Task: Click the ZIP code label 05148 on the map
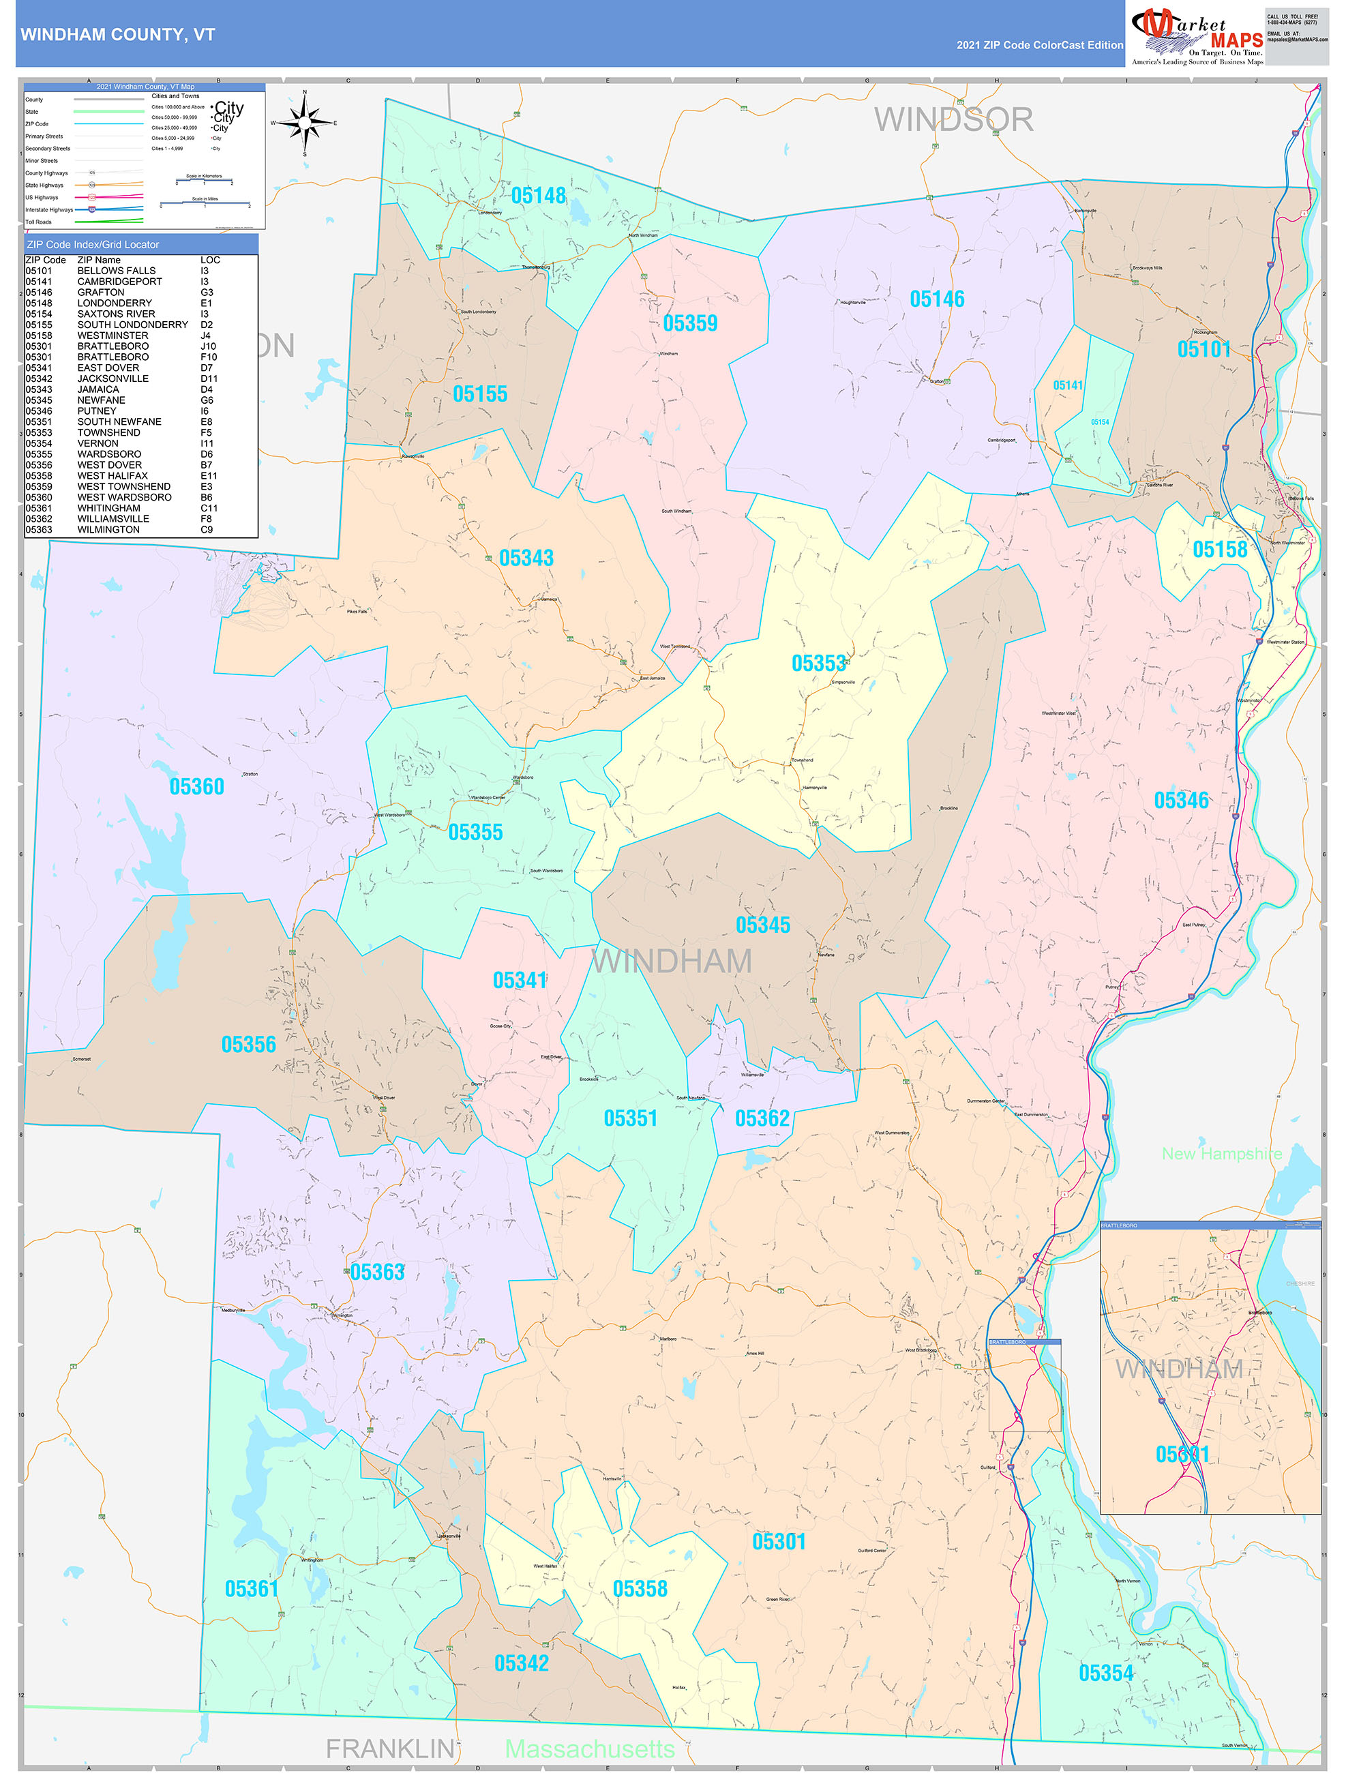pos(538,196)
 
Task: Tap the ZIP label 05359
pos(689,323)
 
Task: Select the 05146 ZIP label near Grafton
pos(936,299)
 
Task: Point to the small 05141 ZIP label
pos(1067,385)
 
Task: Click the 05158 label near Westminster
pos(1219,549)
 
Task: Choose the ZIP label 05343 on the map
pos(526,558)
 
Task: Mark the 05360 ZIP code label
pos(196,786)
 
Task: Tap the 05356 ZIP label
pos(248,1045)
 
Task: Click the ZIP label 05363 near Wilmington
pos(377,1272)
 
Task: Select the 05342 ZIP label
pos(521,1663)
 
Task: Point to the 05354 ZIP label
pos(1105,1673)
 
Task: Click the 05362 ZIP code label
pos(762,1118)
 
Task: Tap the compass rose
pos(304,123)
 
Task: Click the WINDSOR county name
pos(953,120)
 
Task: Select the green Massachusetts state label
pos(589,1748)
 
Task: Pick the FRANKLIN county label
pos(389,1748)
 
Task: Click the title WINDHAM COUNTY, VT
pos(118,35)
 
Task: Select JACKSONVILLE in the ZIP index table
pos(113,378)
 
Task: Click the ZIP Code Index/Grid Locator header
pos(93,244)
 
